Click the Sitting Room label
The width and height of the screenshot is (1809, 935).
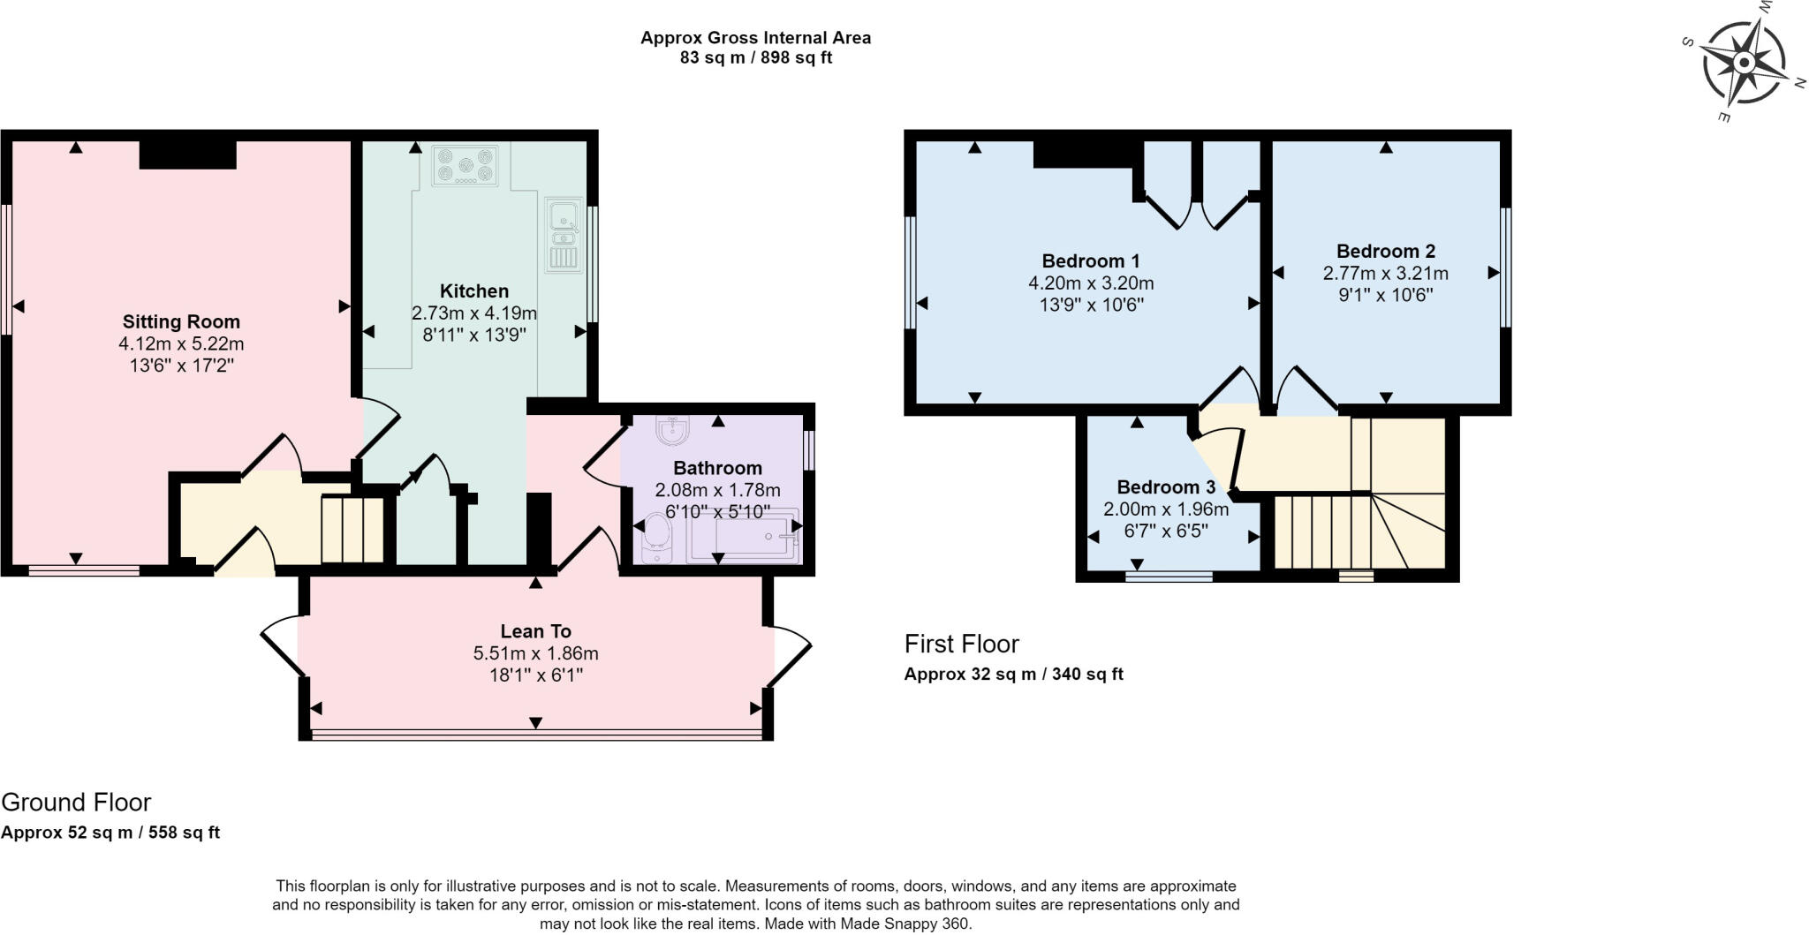click(x=181, y=321)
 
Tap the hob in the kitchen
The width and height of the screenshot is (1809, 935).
click(x=465, y=165)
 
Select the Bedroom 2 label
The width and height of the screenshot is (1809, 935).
click(x=1385, y=251)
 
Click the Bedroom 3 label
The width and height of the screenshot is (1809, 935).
click(x=1166, y=487)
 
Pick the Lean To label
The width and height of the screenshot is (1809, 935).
click(x=535, y=631)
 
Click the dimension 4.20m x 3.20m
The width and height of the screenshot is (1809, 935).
click(x=1091, y=283)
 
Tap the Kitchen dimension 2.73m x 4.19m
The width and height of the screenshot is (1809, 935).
click(x=474, y=313)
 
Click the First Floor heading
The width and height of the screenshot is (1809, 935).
click(x=961, y=644)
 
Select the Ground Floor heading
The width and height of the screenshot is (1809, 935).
click(x=76, y=802)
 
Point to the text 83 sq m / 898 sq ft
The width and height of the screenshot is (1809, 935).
click(x=755, y=58)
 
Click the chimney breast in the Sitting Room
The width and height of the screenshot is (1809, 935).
click(x=188, y=155)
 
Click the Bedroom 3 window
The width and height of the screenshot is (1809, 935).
click(x=1169, y=577)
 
